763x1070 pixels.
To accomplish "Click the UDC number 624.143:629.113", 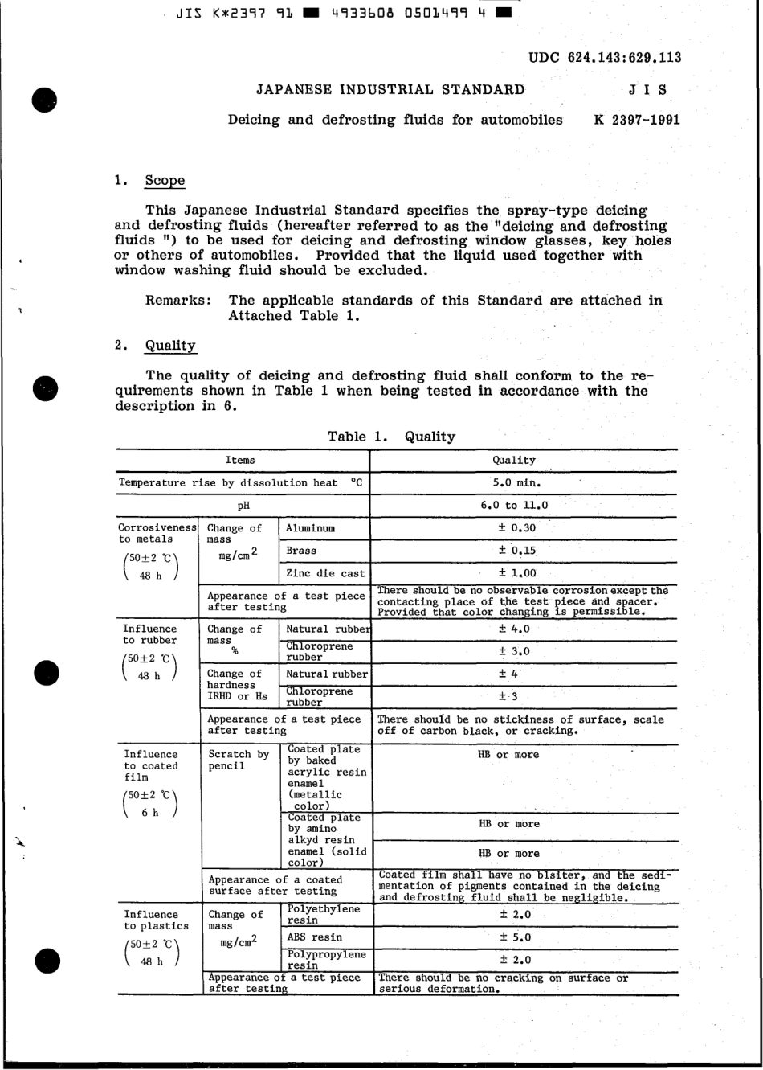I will [605, 57].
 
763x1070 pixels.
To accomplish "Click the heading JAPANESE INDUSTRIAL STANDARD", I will [390, 90].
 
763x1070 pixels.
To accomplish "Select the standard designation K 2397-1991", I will [636, 120].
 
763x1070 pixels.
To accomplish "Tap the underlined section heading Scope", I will [165, 181].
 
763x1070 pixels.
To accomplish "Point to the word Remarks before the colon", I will [175, 301].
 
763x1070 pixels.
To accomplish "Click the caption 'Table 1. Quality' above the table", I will [391, 437].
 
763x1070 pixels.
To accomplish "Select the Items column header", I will [239, 461].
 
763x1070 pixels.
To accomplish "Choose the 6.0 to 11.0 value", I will [514, 506].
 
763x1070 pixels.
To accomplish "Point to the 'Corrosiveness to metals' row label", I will [157, 534].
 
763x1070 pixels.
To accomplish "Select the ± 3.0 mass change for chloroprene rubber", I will [514, 651].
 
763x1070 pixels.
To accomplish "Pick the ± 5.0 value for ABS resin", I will [515, 937].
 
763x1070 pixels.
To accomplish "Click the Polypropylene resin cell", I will [326, 960].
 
